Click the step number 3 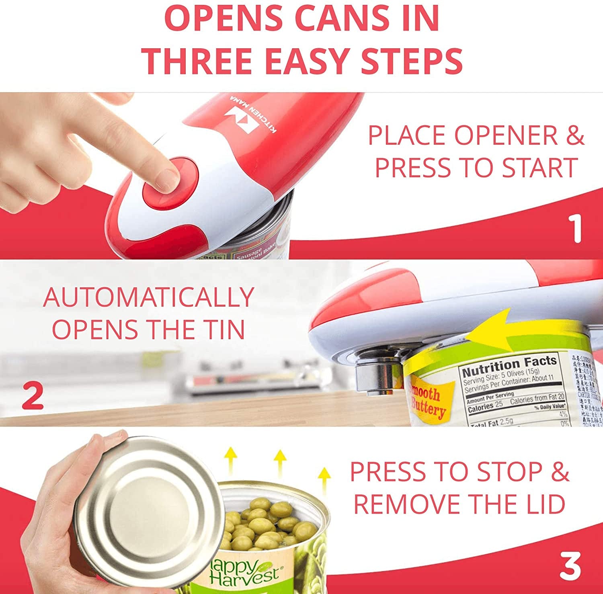[570, 566]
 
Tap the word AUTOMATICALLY [148, 297]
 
